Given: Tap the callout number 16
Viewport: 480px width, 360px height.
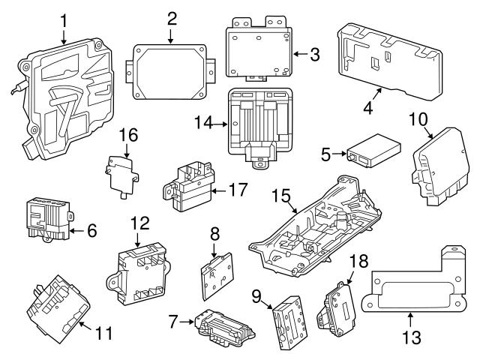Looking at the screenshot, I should tap(128, 136).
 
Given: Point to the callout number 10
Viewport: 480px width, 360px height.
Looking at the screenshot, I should tap(418, 119).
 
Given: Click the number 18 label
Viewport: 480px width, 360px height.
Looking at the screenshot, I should tap(358, 261).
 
